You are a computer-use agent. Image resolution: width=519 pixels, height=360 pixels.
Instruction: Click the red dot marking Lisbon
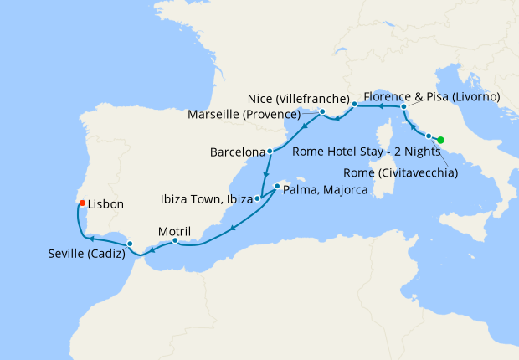[x=81, y=203]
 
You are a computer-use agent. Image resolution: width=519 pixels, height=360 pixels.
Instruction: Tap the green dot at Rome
[x=441, y=140]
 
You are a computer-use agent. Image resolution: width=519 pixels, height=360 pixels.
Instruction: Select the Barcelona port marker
[x=270, y=152]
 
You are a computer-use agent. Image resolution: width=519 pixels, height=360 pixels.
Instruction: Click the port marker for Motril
[x=175, y=241]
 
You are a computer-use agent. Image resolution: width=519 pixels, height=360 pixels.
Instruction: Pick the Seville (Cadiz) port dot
[x=130, y=244]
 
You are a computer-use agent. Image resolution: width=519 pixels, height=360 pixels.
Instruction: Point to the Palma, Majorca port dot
[x=276, y=186]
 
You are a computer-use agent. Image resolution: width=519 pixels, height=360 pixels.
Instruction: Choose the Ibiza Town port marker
[x=258, y=199]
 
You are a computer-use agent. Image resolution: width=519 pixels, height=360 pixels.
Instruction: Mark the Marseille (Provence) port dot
[x=322, y=111]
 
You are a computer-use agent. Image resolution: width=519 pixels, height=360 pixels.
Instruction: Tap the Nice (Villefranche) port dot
[x=355, y=105]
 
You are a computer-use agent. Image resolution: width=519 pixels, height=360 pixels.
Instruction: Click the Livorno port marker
[x=404, y=107]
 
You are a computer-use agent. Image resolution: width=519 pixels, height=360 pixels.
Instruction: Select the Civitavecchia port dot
[x=429, y=136]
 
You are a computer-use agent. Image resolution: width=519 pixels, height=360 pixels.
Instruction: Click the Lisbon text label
[x=105, y=203]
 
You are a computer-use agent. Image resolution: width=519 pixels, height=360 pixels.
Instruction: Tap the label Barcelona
[x=238, y=153]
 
